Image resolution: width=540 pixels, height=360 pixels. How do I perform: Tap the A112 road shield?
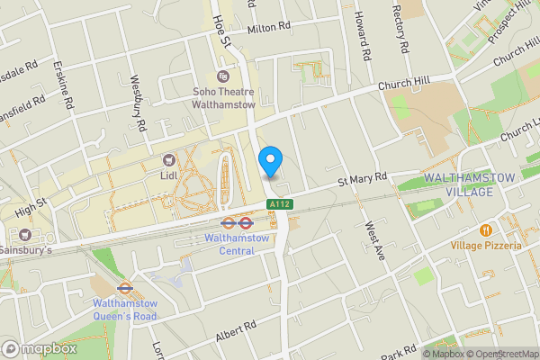click(278, 205)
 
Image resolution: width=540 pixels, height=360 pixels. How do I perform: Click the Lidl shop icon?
click(167, 159)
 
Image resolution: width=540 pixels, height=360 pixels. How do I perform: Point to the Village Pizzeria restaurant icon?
click(487, 230)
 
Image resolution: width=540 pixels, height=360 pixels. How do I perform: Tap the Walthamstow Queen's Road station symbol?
click(125, 290)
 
